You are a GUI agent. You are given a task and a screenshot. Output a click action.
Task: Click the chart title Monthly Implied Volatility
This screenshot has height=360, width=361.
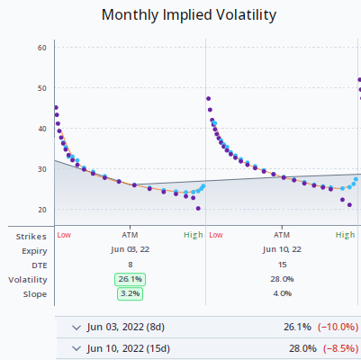188,15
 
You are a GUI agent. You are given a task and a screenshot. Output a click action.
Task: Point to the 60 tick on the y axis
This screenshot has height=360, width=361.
41,48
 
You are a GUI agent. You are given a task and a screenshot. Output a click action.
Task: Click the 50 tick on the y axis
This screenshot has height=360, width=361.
41,88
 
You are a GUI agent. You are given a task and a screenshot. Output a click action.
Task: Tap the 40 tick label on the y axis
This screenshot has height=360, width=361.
41,129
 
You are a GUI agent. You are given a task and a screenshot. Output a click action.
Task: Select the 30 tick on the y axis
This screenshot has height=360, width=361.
41,169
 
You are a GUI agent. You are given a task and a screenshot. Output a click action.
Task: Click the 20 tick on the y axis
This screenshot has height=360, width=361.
41,210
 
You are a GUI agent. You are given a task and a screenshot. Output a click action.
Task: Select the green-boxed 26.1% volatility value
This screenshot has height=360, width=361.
129,279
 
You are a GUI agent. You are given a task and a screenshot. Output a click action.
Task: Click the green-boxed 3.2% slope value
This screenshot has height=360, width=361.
129,293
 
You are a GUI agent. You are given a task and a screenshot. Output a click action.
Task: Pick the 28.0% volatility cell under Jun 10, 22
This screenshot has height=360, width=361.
282,279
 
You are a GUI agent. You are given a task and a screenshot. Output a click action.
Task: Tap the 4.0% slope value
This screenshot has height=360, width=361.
282,293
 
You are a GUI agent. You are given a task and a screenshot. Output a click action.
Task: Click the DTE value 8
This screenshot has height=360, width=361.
130,264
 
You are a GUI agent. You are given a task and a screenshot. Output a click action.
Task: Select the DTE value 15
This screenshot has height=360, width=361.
282,264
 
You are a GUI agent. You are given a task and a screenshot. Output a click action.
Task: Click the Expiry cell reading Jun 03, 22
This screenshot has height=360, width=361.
130,249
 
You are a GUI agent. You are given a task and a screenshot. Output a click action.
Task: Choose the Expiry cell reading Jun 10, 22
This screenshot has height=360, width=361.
282,249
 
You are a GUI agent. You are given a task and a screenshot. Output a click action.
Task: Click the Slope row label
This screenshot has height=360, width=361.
35,293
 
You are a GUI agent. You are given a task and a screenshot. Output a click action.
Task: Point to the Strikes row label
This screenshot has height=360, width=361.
32,235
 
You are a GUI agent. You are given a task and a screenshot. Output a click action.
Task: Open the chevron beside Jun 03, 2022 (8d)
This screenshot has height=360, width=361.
76,327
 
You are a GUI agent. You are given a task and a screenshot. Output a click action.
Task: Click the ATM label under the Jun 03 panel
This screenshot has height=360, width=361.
130,235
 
